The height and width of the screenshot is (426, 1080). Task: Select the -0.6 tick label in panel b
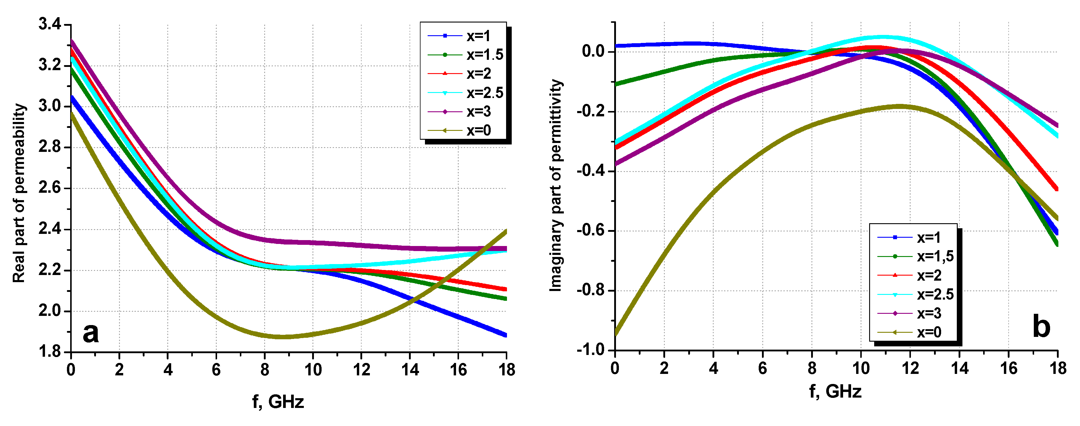pos(590,231)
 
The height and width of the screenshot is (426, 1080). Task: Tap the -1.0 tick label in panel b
pos(590,350)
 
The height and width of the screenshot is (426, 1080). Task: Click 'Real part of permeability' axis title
pos(19,193)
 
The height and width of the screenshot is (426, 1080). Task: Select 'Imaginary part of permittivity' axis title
pos(556,185)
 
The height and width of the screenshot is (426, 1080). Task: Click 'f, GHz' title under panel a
pos(277,402)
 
